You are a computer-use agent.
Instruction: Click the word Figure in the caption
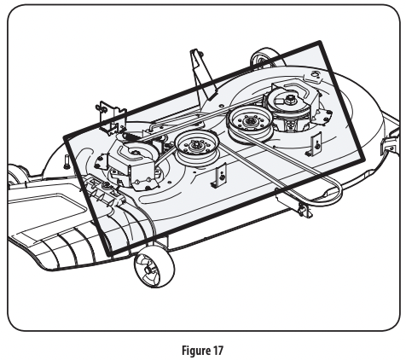194,350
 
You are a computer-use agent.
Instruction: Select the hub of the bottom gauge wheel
148,269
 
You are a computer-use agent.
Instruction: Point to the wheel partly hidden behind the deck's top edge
263,57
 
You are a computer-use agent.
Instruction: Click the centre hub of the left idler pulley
196,146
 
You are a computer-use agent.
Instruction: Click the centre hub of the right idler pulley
249,121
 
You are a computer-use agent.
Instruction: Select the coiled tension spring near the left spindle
131,136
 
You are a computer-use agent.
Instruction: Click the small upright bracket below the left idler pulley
220,177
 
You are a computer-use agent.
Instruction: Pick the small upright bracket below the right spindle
315,144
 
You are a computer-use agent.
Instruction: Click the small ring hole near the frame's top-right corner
315,74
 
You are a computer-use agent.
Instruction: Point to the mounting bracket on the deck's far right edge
390,143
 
